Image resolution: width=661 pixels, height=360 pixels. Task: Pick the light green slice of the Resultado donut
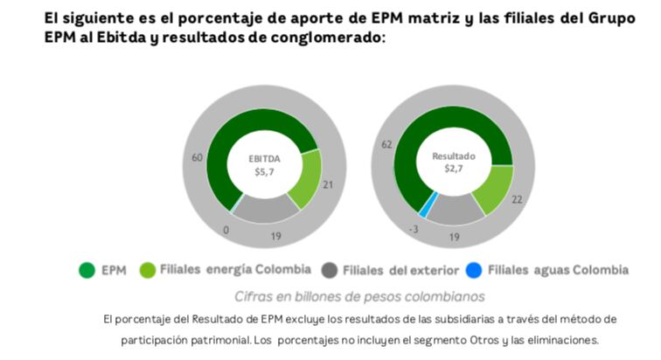[x=494, y=188]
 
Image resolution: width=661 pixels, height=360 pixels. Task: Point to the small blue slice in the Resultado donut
[x=424, y=207]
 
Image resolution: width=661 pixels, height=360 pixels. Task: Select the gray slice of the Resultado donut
[x=455, y=209]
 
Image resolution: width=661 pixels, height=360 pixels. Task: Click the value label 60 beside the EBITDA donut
[x=198, y=157]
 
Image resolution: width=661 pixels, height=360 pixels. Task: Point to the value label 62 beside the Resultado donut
[x=386, y=143]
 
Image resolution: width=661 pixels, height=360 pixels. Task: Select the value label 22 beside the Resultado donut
[x=518, y=200]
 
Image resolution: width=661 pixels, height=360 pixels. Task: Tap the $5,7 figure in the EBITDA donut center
[x=264, y=172]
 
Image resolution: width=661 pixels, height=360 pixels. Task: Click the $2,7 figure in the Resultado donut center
[x=453, y=169]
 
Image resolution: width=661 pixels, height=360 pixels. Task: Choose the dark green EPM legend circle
[x=87, y=270]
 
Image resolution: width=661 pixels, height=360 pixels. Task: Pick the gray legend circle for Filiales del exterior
[x=330, y=270]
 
